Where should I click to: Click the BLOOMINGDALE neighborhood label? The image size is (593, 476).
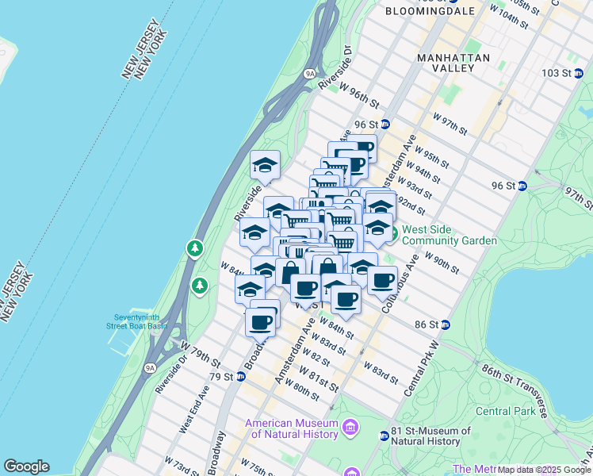click(x=430, y=11)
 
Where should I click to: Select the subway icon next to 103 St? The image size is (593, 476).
click(x=580, y=73)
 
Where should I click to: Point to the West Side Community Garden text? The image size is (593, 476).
click(x=449, y=236)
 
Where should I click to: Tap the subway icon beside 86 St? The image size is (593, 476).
click(x=445, y=324)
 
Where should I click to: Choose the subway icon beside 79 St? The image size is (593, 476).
click(x=240, y=376)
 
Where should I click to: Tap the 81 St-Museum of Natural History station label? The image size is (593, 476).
click(x=431, y=436)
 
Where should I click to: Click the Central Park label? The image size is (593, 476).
click(x=505, y=411)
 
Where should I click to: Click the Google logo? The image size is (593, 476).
click(x=26, y=466)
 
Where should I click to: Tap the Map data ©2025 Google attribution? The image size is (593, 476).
click(x=545, y=470)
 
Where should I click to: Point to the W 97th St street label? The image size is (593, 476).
click(x=451, y=122)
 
